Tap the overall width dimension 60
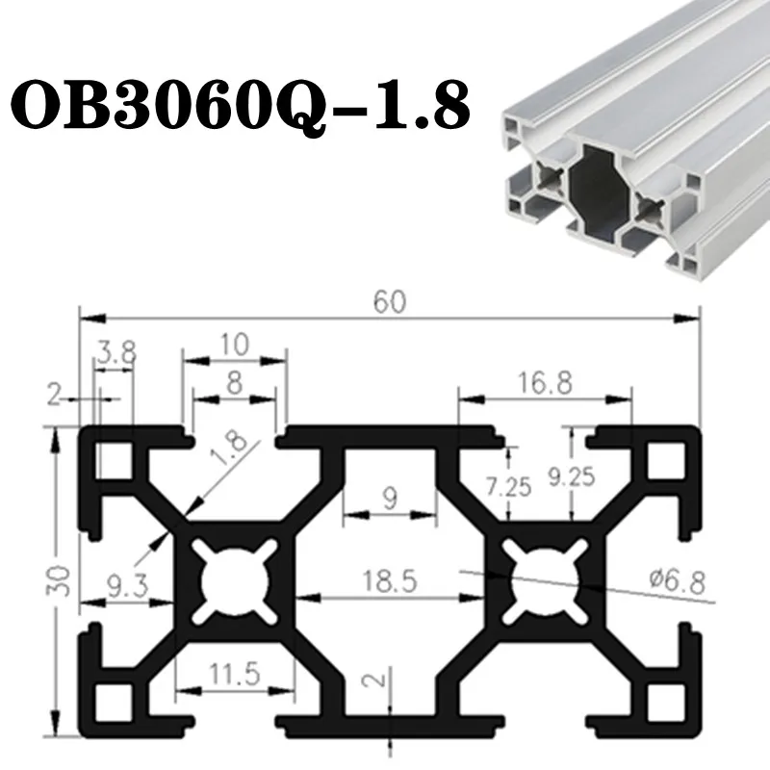pos(390,302)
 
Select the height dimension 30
pos(58,580)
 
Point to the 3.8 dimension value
pos(115,351)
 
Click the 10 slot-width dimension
pos(234,345)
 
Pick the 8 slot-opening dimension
pos(234,383)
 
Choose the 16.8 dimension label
pos(545,383)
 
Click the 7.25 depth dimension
pos(508,487)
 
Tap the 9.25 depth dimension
pos(572,477)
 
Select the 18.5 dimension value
pos(390,580)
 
